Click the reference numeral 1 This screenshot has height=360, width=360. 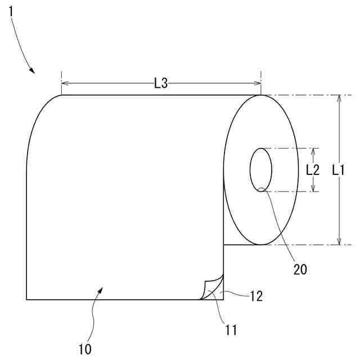(11, 11)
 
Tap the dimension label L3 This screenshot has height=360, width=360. (161, 83)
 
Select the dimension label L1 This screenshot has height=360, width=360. (339, 170)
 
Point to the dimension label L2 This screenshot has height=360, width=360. (313, 170)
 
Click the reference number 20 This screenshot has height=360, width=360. (300, 269)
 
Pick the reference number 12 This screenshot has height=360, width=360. (256, 296)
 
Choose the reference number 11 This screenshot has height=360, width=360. (231, 330)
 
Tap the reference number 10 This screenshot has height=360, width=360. (85, 349)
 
